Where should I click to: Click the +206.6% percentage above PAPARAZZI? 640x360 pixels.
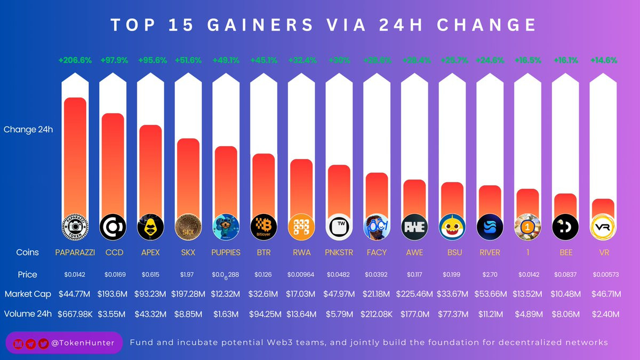coord(75,61)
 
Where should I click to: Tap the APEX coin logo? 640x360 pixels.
coord(150,227)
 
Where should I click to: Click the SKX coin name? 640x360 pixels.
coord(188,252)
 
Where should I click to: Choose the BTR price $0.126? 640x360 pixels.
coord(264,275)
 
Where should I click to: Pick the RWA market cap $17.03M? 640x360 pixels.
coord(302,294)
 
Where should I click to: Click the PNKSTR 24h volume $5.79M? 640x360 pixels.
coord(339,314)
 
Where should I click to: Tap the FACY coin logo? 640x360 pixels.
coord(377,227)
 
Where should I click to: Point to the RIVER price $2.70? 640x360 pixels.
coord(490,275)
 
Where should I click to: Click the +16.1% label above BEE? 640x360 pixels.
coord(566,61)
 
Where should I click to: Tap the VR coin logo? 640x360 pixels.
coord(603,227)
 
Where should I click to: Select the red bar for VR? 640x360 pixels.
coord(603,208)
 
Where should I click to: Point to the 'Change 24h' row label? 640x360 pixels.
coord(28,129)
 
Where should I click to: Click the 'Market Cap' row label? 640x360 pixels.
coord(27,294)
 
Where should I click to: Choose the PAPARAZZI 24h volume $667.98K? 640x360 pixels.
coord(75,314)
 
